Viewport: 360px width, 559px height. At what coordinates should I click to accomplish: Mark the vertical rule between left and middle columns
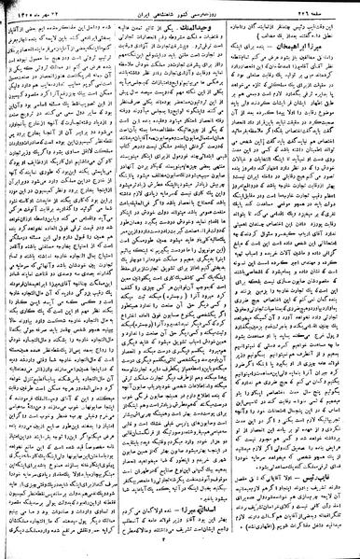(121, 280)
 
